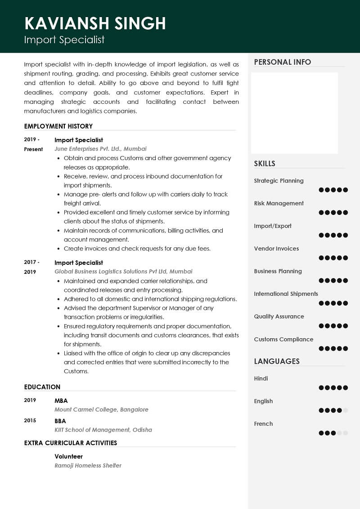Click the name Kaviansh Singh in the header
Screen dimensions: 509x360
[95, 23]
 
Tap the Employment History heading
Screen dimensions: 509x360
[58, 126]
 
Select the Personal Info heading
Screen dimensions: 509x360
[282, 62]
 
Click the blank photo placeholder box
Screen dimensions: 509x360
[294, 113]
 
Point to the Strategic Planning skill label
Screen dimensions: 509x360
[279, 181]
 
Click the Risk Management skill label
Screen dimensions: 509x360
[279, 203]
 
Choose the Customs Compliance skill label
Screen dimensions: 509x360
[283, 339]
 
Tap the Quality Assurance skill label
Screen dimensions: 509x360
[279, 317]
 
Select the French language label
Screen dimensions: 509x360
[263, 424]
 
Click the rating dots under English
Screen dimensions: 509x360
[333, 411]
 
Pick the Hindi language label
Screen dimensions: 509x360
[261, 379]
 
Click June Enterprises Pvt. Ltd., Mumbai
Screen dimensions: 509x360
[100, 149]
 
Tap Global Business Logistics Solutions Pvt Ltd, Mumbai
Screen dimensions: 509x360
[123, 272]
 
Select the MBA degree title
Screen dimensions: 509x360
[61, 401]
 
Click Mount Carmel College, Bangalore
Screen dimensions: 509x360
[101, 410]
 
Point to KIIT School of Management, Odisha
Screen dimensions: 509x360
[103, 430]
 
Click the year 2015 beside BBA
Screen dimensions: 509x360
[30, 421]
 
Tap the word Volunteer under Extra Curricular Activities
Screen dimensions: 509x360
[69, 456]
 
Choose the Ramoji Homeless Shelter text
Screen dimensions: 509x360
[88, 465]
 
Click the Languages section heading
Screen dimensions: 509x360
[277, 362]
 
